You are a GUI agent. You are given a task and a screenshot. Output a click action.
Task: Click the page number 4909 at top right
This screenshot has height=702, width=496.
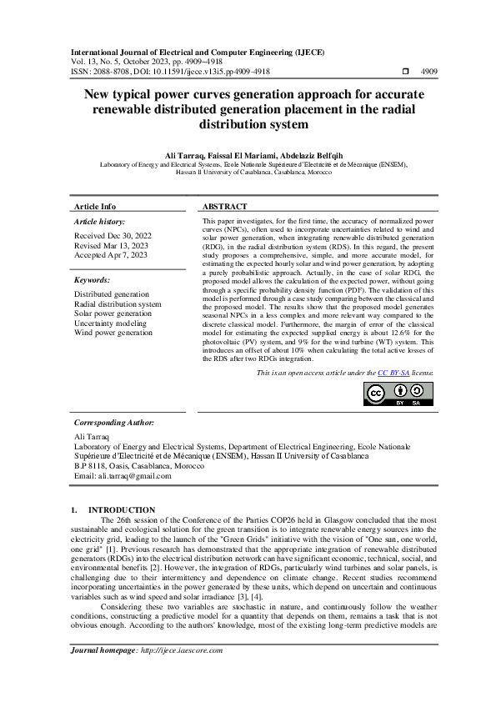(427, 73)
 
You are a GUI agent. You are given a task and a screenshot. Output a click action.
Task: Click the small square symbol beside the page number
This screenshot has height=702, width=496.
(405, 73)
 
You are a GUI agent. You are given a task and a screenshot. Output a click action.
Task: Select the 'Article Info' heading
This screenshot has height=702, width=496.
(95, 207)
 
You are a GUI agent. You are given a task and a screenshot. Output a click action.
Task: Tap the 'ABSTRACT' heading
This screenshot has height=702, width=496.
(225, 207)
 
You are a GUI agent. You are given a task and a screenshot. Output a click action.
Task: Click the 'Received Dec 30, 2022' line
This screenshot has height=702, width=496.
(113, 237)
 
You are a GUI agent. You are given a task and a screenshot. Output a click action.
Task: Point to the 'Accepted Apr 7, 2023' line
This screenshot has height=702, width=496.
(110, 255)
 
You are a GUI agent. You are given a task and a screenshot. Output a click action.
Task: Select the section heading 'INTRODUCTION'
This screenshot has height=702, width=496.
(122, 509)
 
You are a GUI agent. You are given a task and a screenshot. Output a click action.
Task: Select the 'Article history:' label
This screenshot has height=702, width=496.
(99, 222)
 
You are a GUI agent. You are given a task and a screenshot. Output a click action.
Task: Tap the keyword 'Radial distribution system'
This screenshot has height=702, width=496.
(118, 304)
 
